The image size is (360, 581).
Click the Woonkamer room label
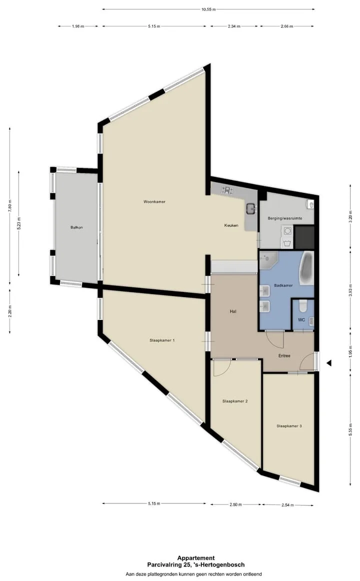(154, 202)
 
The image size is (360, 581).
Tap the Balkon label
(76, 227)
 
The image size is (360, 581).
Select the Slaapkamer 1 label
(162, 340)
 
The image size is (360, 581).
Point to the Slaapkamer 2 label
(235, 401)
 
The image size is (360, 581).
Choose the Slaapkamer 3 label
(289, 426)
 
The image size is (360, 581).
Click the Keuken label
(231, 225)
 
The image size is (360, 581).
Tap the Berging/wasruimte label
(285, 218)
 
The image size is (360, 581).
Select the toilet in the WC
(303, 306)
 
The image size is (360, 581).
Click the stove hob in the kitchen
(227, 190)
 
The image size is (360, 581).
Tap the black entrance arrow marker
(329, 363)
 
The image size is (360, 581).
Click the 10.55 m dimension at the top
(208, 9)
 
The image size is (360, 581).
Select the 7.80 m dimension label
(10, 205)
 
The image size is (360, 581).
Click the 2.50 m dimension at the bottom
(235, 504)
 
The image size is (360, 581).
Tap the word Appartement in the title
(196, 558)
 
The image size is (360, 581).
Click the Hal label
(233, 311)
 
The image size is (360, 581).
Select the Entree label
(284, 356)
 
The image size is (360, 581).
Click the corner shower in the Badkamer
(267, 260)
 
